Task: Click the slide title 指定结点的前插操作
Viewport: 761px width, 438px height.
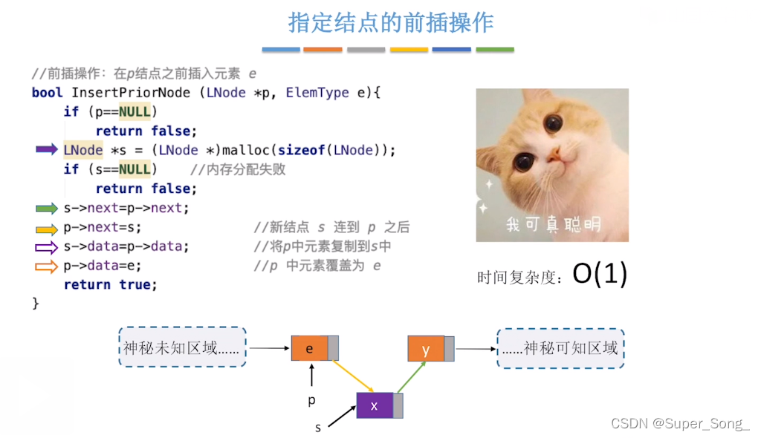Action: (391, 22)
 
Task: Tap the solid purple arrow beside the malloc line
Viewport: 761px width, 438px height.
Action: (47, 149)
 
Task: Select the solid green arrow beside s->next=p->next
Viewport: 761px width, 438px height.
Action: (47, 209)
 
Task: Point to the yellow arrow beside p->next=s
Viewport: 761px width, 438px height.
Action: (47, 229)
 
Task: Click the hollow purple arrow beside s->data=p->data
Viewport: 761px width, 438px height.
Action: (47, 247)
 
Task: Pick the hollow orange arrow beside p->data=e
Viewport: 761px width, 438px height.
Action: (47, 267)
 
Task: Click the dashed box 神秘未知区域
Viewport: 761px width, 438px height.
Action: (183, 347)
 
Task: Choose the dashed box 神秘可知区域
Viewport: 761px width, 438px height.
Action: (560, 348)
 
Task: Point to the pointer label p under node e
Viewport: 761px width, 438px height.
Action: (311, 400)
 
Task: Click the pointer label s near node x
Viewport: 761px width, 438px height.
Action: (318, 428)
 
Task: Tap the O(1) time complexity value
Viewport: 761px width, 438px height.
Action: (600, 274)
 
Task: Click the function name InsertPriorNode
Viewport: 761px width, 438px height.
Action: (131, 93)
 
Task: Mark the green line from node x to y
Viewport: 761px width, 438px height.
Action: (412, 377)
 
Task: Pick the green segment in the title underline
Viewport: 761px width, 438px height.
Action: (495, 50)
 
